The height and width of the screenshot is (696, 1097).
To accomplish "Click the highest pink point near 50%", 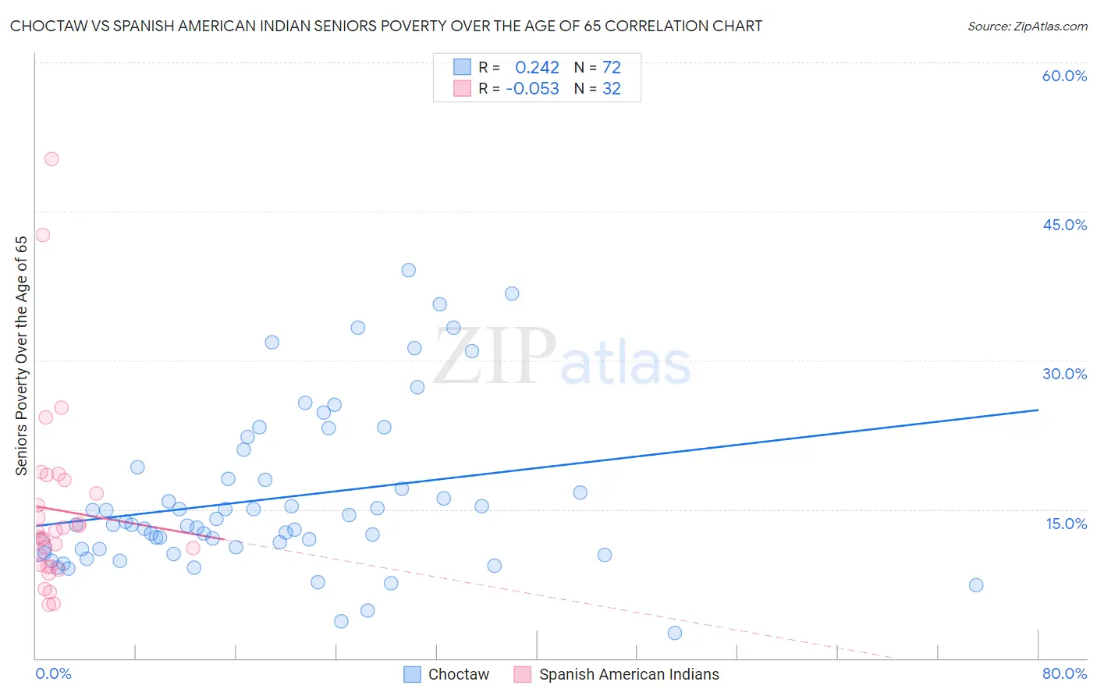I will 51,159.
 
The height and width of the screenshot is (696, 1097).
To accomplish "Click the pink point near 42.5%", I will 43,235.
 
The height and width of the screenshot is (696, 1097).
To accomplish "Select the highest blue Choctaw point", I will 408,270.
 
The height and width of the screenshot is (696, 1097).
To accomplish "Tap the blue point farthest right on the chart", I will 975,585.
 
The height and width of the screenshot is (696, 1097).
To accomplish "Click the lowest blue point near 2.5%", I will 675,633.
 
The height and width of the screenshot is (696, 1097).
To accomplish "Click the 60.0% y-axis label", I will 1064,76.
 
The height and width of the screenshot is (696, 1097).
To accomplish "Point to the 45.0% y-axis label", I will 1064,225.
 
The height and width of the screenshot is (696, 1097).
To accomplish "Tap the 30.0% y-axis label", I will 1064,374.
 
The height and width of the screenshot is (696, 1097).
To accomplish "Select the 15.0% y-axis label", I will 1066,524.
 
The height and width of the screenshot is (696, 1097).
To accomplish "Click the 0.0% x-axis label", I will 53,673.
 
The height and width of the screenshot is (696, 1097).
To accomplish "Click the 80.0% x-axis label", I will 1064,673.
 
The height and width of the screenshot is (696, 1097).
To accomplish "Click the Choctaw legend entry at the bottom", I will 458,674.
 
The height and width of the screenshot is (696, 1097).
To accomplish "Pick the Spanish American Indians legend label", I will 629,674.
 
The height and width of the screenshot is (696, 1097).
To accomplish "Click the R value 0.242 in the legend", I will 537,68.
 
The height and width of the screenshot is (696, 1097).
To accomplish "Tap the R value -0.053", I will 532,89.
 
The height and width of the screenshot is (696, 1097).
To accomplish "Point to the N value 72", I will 611,68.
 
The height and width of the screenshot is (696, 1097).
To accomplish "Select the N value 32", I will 611,89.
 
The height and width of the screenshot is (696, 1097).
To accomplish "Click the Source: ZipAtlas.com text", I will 1027,27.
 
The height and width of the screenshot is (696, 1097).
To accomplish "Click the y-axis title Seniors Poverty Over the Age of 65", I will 21,356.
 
